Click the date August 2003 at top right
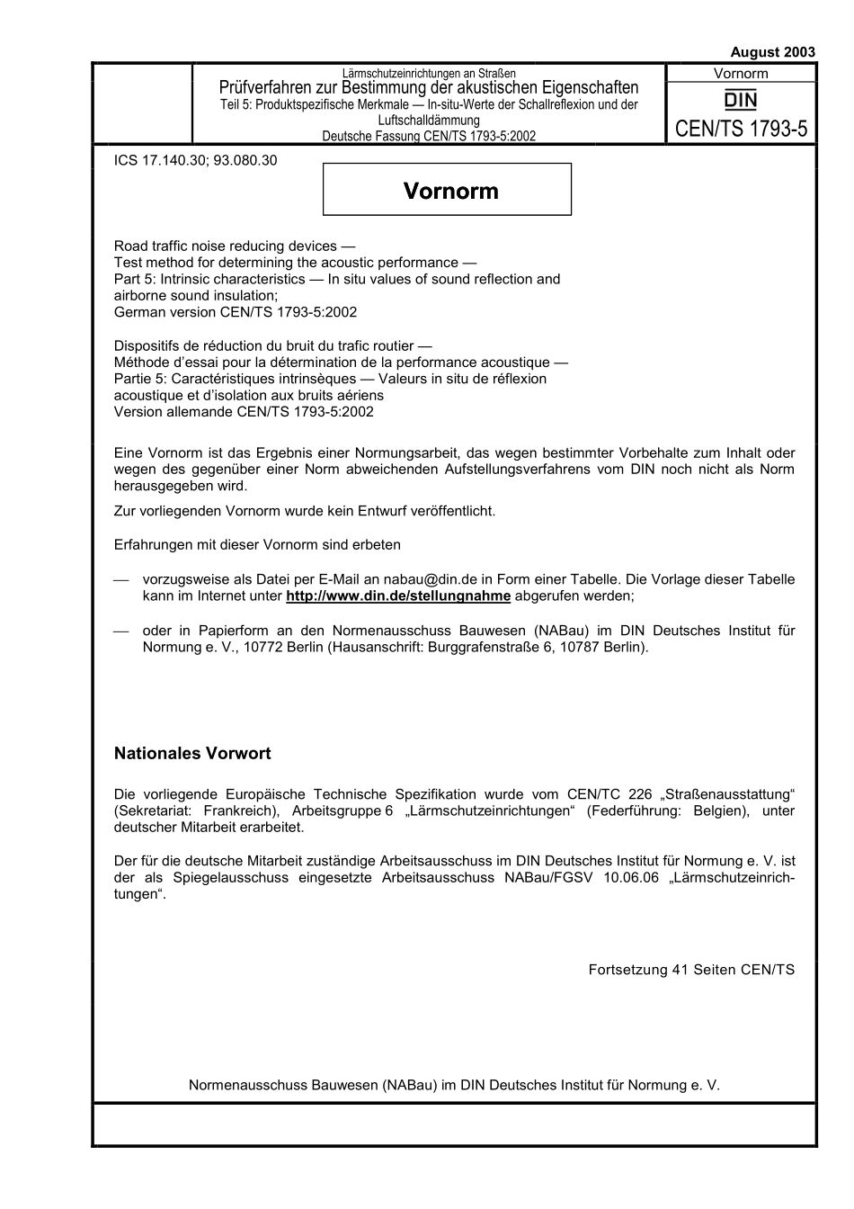click(x=772, y=52)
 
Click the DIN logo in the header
click(x=741, y=100)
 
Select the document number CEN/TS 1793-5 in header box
click(x=741, y=129)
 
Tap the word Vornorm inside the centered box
click(x=450, y=191)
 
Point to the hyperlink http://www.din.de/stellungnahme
click(x=398, y=596)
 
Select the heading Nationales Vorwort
click(x=192, y=754)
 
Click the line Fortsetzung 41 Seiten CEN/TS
click(x=691, y=970)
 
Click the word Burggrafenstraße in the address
click(x=494, y=647)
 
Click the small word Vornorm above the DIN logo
click(x=741, y=74)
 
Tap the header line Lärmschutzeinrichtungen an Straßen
click(x=429, y=73)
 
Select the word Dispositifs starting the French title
click(x=148, y=345)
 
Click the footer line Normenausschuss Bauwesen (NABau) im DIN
click(x=454, y=1085)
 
